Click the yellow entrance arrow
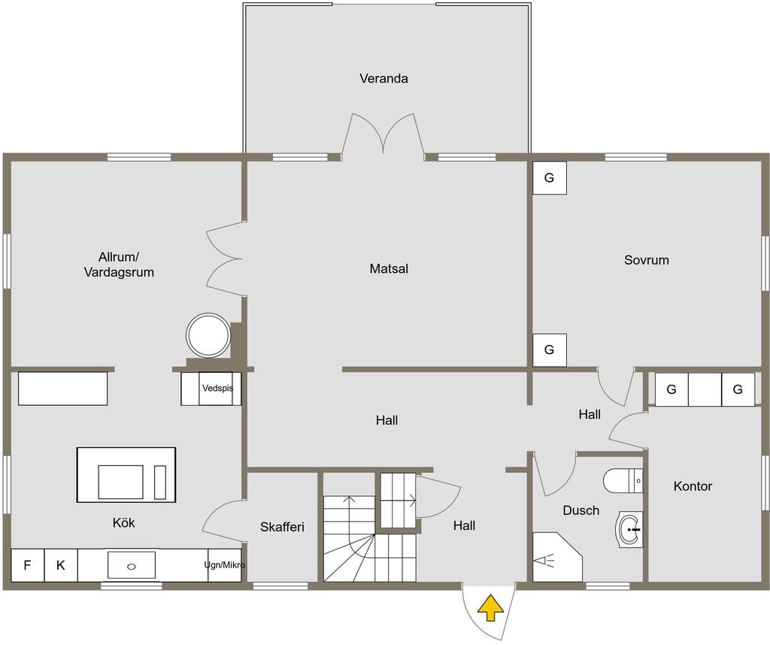pyautogui.click(x=490, y=607)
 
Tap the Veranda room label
pyautogui.click(x=383, y=78)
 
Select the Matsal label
pyautogui.click(x=389, y=268)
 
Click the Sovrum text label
pyautogui.click(x=646, y=259)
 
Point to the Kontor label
pyautogui.click(x=693, y=486)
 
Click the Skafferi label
pyautogui.click(x=282, y=527)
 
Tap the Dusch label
pyautogui.click(x=581, y=510)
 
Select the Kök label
pyautogui.click(x=124, y=522)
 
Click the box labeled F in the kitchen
pyautogui.click(x=28, y=565)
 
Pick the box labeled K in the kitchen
pyautogui.click(x=61, y=565)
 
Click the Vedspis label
pyautogui.click(x=217, y=388)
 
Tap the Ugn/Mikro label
pyautogui.click(x=224, y=565)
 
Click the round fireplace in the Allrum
pyautogui.click(x=208, y=335)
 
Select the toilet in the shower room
pyautogui.click(x=623, y=480)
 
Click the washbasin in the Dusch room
pyautogui.click(x=629, y=530)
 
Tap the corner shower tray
pyautogui.click(x=557, y=556)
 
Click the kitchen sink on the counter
pyautogui.click(x=131, y=565)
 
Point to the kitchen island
pyautogui.click(x=126, y=474)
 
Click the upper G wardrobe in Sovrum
pyautogui.click(x=550, y=177)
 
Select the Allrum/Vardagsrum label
pyautogui.click(x=119, y=265)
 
